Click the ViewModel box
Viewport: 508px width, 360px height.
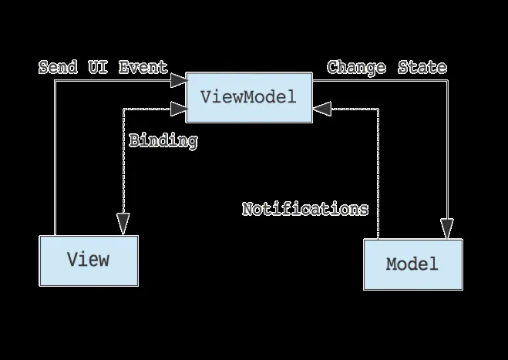[x=249, y=97]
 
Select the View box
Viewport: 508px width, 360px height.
[x=89, y=260]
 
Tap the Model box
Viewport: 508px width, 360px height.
[x=412, y=264]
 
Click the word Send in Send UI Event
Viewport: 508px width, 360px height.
[x=58, y=67]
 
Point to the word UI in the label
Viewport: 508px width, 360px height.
[x=97, y=67]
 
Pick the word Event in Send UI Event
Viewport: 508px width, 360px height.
[x=143, y=67]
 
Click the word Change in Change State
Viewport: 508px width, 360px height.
[x=356, y=67]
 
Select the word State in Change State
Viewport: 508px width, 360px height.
[x=422, y=67]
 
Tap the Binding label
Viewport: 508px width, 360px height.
[x=163, y=141]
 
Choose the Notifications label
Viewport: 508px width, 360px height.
[x=305, y=209]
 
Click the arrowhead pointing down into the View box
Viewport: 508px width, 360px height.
[x=123, y=224]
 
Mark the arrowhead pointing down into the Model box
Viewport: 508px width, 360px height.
[x=446, y=228]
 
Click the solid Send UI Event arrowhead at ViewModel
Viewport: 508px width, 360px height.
[x=178, y=79]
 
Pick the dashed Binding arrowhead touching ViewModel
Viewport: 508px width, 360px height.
[x=178, y=109]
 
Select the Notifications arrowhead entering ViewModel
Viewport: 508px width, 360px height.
[x=321, y=109]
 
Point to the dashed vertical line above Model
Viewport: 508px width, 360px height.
[x=378, y=177]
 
